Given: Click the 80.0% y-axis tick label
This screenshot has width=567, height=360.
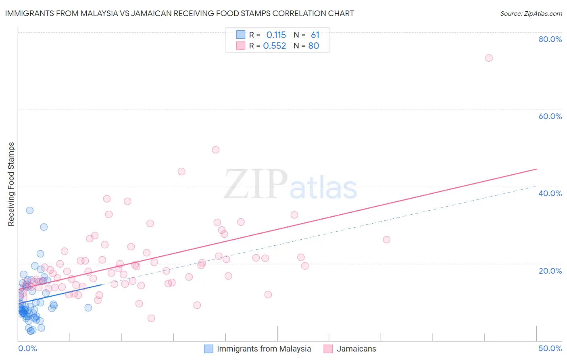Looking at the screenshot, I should point(550,39).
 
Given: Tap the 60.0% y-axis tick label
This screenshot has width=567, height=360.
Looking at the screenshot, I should point(550,116).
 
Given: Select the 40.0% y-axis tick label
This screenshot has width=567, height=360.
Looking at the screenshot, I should point(550,193).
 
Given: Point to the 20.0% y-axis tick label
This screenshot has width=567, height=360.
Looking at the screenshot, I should point(550,270).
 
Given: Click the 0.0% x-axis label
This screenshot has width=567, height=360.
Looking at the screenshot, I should point(27,348).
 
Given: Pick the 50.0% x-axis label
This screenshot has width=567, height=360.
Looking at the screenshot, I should point(550,348).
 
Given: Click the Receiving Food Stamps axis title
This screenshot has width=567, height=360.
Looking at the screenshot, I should point(11,184).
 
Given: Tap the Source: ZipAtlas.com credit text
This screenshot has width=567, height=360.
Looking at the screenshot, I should point(531,13).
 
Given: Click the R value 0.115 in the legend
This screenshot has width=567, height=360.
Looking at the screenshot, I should point(276,35).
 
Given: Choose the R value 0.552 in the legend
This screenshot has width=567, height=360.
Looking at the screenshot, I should point(274,46).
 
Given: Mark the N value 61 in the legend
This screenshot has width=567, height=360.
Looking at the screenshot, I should point(315,35).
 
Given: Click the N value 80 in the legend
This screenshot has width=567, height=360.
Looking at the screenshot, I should point(314,46).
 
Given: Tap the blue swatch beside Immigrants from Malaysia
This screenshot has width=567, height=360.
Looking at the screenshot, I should point(208,349).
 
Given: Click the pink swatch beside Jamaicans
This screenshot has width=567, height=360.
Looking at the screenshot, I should point(328,349).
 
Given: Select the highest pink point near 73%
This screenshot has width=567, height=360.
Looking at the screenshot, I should point(489,58).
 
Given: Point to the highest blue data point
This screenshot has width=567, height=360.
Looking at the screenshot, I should point(29,210).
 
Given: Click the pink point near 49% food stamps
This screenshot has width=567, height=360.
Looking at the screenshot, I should point(216,150).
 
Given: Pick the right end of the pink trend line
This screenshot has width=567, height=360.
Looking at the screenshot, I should point(536,169).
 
